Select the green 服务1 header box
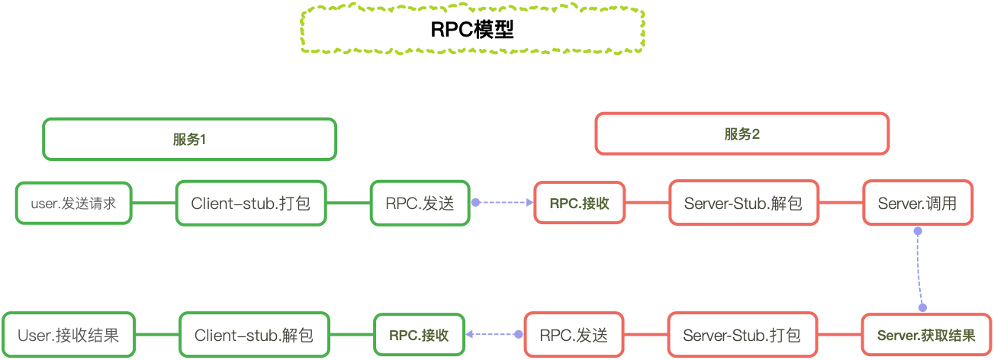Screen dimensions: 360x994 tap(189, 139)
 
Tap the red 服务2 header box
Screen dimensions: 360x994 tap(741, 134)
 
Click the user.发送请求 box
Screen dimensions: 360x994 tap(74, 203)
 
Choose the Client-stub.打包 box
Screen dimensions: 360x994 tap(251, 203)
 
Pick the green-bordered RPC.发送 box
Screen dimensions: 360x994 tap(420, 203)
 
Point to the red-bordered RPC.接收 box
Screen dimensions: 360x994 tap(579, 203)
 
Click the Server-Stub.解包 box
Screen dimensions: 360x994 tap(743, 203)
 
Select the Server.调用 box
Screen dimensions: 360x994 tap(917, 203)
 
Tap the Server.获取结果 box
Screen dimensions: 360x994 tap(926, 336)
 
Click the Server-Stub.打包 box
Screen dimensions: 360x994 tap(742, 336)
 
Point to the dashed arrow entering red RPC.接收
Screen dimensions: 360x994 tap(503, 203)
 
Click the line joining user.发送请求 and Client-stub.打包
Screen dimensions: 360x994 tap(154, 203)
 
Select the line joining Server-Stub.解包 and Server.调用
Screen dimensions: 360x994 tap(841, 203)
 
